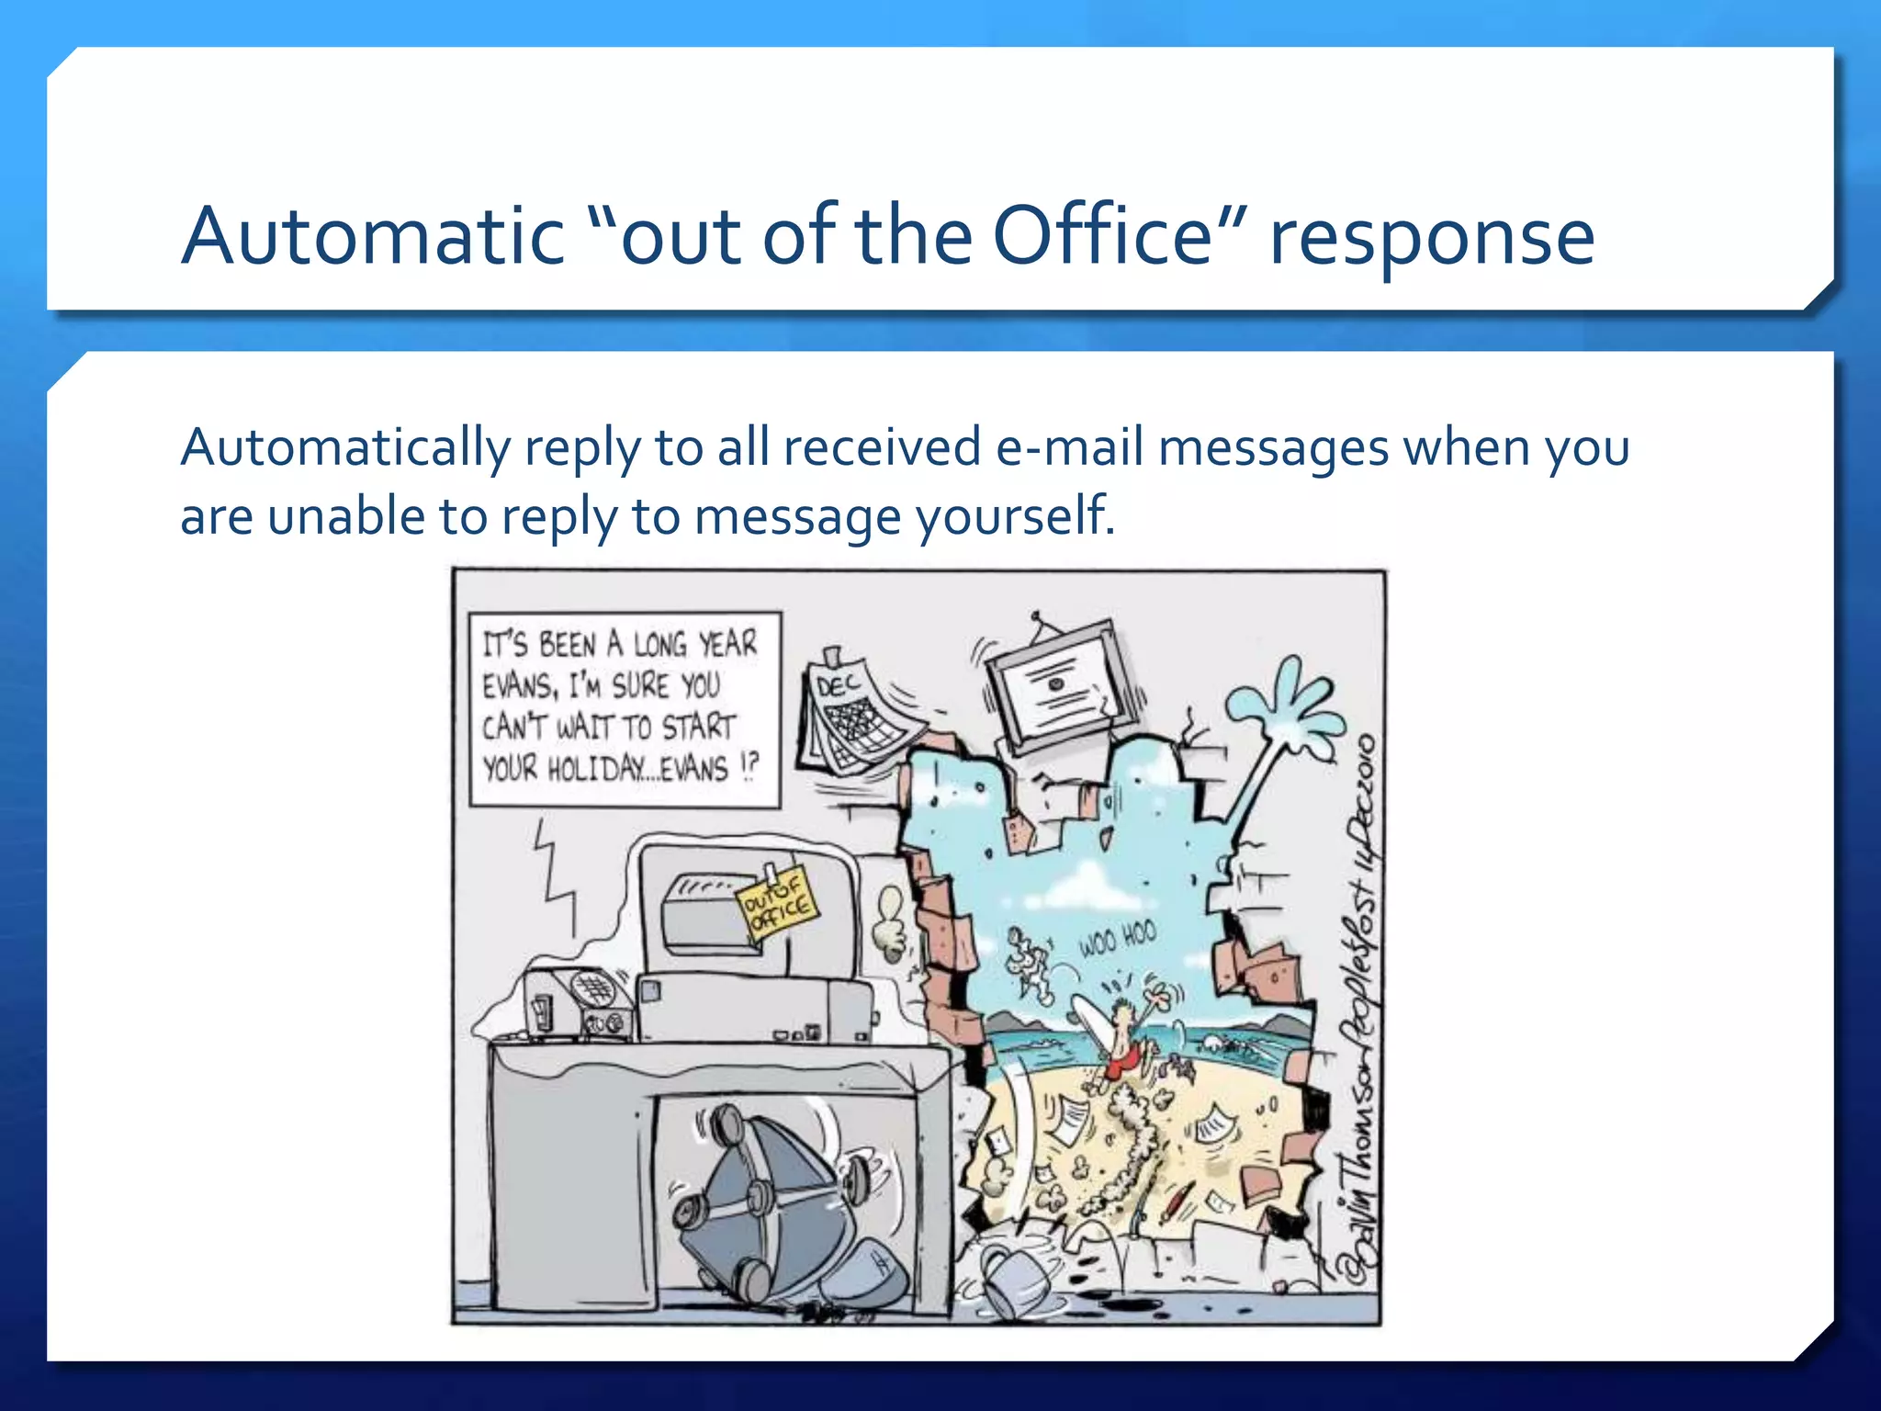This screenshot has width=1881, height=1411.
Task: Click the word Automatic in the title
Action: point(373,236)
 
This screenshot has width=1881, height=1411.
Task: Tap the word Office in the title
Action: point(1103,236)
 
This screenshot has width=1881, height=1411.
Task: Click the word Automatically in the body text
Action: point(345,449)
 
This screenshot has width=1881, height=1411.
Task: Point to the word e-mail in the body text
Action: point(1068,448)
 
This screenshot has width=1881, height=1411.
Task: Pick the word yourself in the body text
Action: point(1015,517)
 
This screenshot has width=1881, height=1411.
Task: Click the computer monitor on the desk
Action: point(744,909)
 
